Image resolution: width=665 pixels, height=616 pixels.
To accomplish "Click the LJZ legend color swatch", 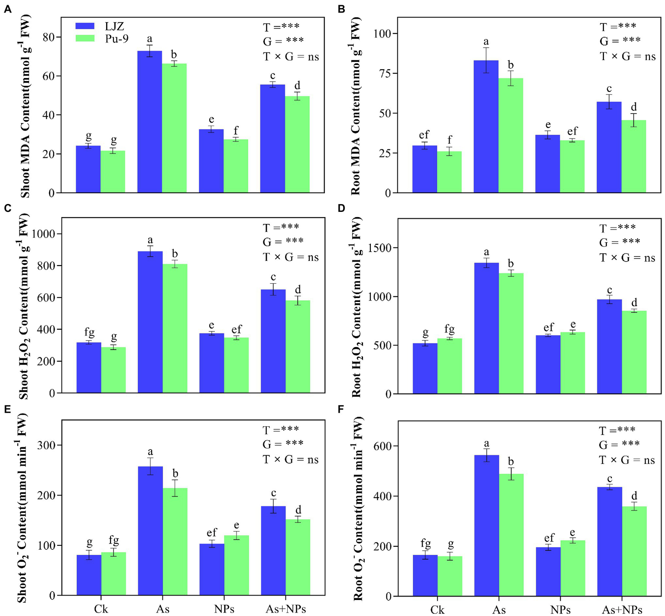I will [x=85, y=26].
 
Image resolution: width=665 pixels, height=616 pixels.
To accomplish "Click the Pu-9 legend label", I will [x=117, y=39].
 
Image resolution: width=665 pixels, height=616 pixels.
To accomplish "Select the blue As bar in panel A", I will [x=150, y=122].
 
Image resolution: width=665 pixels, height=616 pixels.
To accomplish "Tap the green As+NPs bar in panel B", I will [x=633, y=156].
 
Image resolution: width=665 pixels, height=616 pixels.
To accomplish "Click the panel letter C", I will [x=7, y=208].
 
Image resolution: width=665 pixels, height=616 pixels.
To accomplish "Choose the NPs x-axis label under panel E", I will [x=224, y=609].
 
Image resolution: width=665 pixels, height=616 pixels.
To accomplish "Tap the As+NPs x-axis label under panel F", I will [x=622, y=610].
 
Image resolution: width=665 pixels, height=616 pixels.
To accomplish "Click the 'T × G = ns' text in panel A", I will [x=291, y=57].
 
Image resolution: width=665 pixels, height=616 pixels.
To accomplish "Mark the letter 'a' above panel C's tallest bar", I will [x=150, y=240].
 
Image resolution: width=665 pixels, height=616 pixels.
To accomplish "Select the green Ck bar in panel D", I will [x=449, y=366].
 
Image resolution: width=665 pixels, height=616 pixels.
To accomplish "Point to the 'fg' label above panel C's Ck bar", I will [x=89, y=332].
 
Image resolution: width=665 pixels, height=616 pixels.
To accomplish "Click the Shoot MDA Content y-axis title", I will [x=25, y=106].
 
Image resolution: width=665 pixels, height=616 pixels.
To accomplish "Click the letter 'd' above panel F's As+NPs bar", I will [x=634, y=496].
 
